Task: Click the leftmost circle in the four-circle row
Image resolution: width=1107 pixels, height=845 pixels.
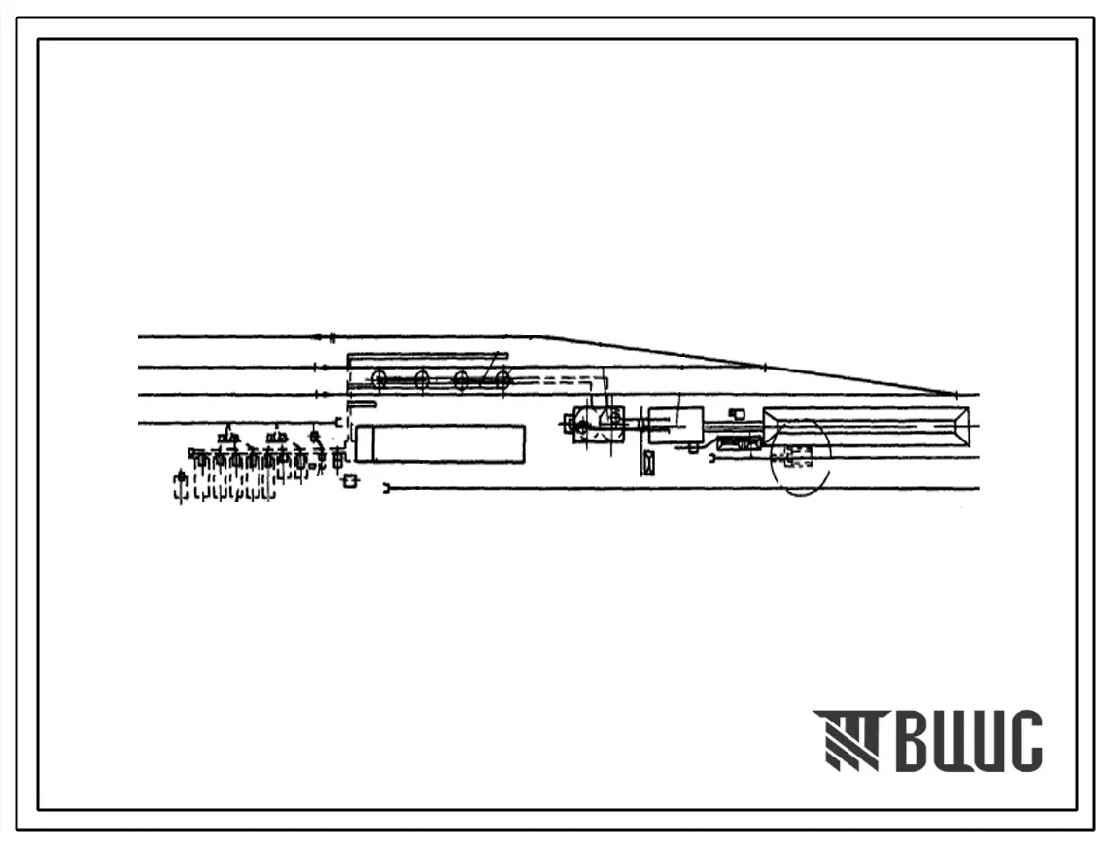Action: coord(380,379)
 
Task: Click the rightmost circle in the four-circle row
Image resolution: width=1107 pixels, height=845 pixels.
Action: coord(502,379)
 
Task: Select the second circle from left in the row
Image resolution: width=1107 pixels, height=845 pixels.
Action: coord(421,379)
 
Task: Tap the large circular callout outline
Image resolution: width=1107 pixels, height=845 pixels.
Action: coord(800,457)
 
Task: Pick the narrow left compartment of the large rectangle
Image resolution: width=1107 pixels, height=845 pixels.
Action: coord(364,443)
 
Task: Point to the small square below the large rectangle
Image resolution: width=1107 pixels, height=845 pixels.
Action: coord(351,480)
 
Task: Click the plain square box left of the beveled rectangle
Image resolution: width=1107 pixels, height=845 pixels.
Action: coord(675,425)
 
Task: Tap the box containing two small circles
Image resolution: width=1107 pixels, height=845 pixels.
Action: coord(599,425)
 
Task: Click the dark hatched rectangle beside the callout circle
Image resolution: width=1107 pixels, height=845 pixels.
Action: coord(740,445)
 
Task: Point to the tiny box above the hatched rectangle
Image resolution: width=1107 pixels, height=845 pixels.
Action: coord(737,415)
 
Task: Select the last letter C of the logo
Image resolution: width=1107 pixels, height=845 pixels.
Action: coord(1025,741)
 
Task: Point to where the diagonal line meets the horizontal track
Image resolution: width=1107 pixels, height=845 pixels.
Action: coord(957,395)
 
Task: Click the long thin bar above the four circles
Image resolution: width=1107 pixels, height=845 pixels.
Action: coord(428,356)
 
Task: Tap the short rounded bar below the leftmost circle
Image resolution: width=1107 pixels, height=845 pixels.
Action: coord(361,404)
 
